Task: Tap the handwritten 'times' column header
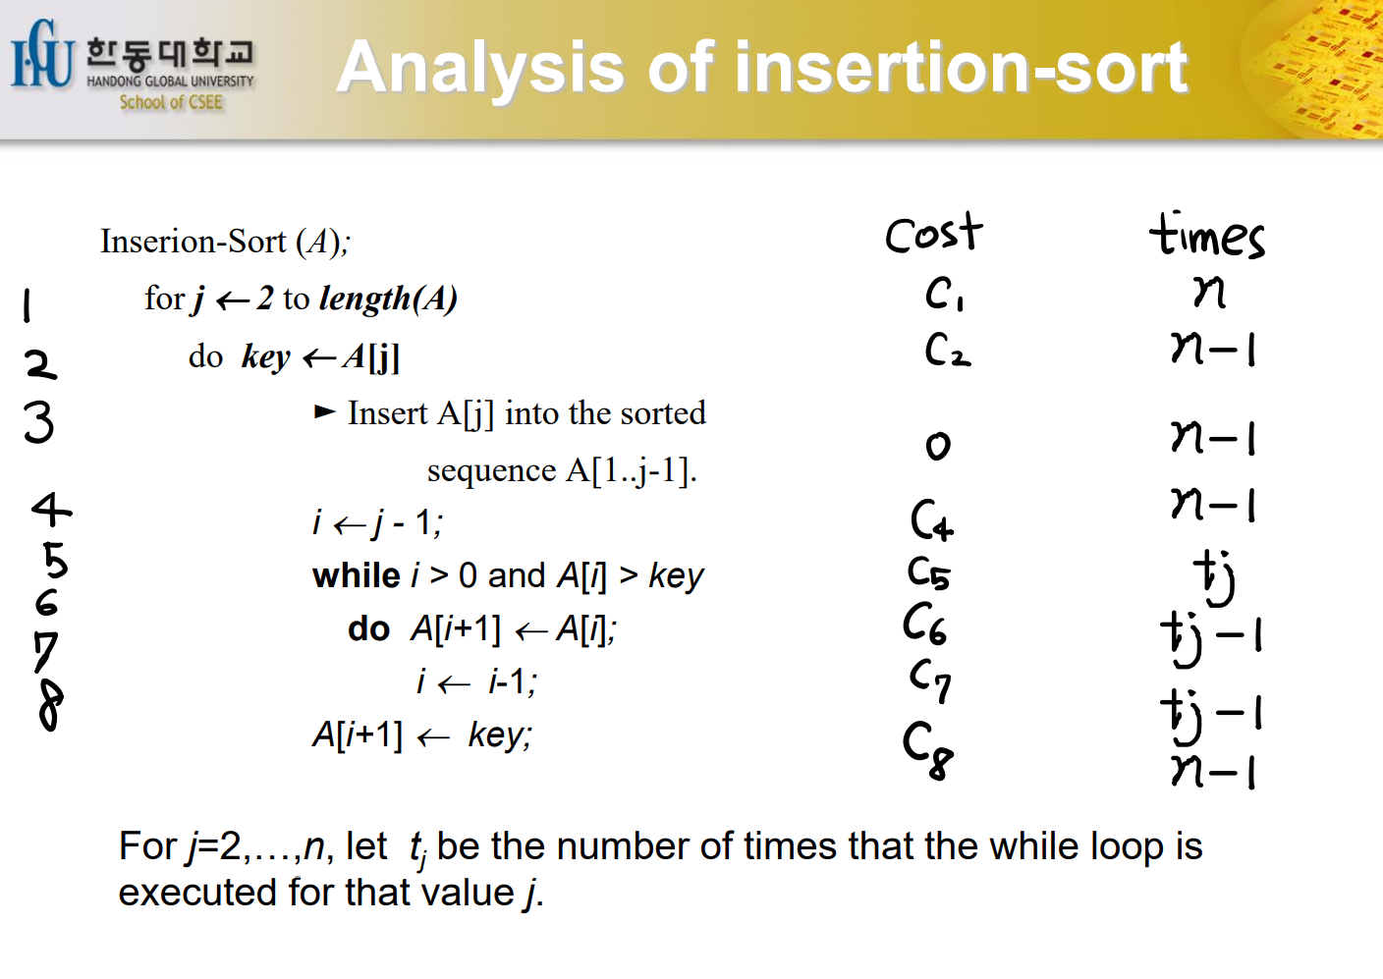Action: [x=1206, y=235]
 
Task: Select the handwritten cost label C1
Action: [x=943, y=294]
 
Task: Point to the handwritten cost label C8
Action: [x=927, y=749]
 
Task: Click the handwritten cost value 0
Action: [x=938, y=446]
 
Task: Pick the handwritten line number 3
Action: [x=39, y=422]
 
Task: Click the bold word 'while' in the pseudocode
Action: [x=357, y=576]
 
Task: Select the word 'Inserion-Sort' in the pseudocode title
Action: [x=194, y=241]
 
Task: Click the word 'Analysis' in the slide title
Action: [x=481, y=67]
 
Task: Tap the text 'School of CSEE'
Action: [x=171, y=102]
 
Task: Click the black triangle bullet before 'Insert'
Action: [x=325, y=411]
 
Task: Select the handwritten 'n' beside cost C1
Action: [x=1209, y=292]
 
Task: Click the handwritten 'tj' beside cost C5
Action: [x=1214, y=577]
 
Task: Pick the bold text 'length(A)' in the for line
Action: [x=388, y=299]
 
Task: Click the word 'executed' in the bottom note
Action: [x=197, y=893]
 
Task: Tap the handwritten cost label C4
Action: [x=932, y=519]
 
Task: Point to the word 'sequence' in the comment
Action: [x=491, y=471]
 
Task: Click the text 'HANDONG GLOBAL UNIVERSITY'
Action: [x=170, y=82]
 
